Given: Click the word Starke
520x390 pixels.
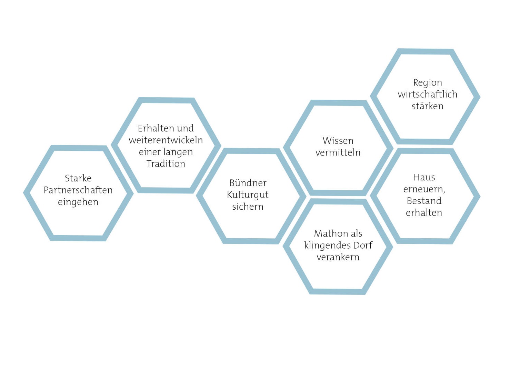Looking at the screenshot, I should click(78, 178).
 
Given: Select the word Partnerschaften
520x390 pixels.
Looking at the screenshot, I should click(78, 190).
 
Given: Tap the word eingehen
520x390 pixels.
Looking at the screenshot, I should click(78, 202).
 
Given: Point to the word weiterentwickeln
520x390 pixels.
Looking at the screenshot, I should click(166, 140).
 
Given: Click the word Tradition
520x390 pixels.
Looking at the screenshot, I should click(166, 164).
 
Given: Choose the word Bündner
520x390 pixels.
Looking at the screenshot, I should click(248, 183).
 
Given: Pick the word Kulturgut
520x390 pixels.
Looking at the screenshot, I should click(248, 195).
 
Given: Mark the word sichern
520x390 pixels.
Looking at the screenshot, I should click(248, 207).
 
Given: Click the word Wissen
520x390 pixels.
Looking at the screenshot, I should click(338, 141).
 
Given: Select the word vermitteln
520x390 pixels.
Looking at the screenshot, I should click(338, 152).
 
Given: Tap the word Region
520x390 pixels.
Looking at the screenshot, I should click(428, 83).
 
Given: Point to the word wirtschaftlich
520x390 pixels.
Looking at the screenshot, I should click(428, 94).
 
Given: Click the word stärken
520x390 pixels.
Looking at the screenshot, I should click(428, 106).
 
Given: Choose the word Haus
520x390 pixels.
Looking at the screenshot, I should click(424, 177).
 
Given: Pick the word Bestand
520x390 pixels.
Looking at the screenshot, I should click(424, 201).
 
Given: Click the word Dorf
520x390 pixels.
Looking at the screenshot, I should click(363, 245).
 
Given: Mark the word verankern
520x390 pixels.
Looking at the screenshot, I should click(338, 257).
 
